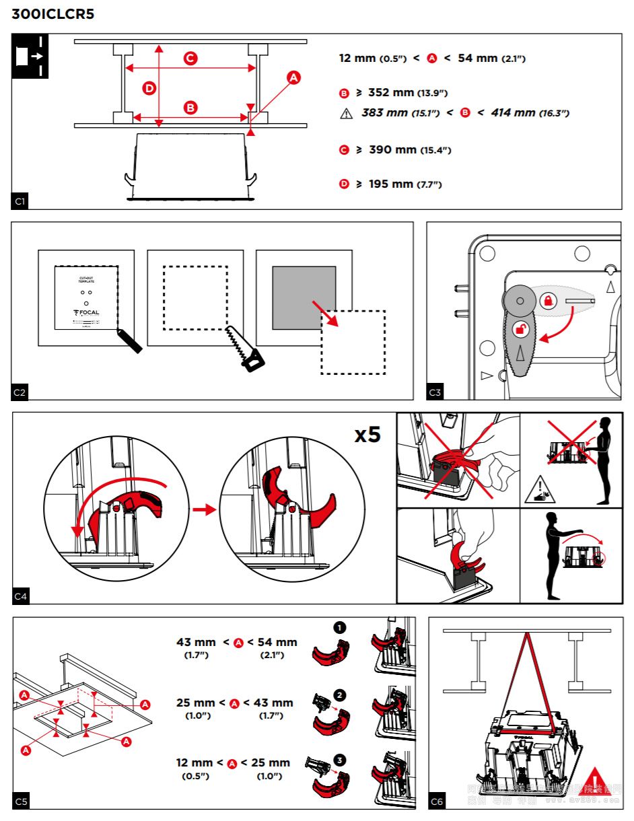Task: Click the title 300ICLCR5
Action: (52, 14)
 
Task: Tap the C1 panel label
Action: (20, 201)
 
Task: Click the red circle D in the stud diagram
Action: (149, 87)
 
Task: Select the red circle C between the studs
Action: (190, 59)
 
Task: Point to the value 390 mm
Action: (392, 149)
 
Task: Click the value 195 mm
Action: (391, 184)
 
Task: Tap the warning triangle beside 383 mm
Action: (347, 114)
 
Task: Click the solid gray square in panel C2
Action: (304, 297)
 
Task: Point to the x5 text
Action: (367, 435)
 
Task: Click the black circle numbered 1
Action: (340, 627)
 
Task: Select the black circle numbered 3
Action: (340, 760)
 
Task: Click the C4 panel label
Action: (20, 596)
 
